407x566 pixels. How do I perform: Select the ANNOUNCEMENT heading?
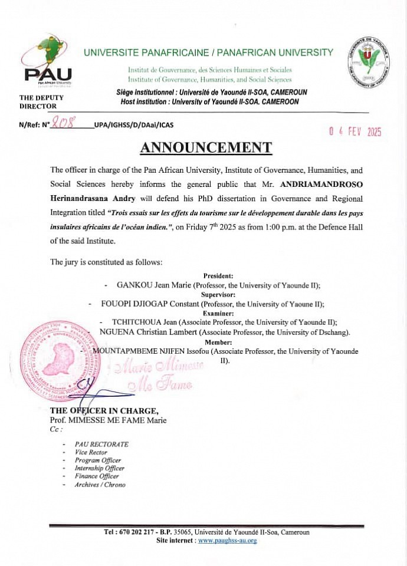[206, 147]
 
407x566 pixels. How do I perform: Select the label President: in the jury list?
[218, 275]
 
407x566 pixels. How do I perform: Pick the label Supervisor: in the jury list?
[218, 294]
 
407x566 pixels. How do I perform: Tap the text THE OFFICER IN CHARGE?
[104, 411]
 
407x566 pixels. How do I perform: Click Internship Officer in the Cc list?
[99, 468]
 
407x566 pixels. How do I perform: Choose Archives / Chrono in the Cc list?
[100, 485]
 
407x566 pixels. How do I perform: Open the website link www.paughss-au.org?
[227, 540]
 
